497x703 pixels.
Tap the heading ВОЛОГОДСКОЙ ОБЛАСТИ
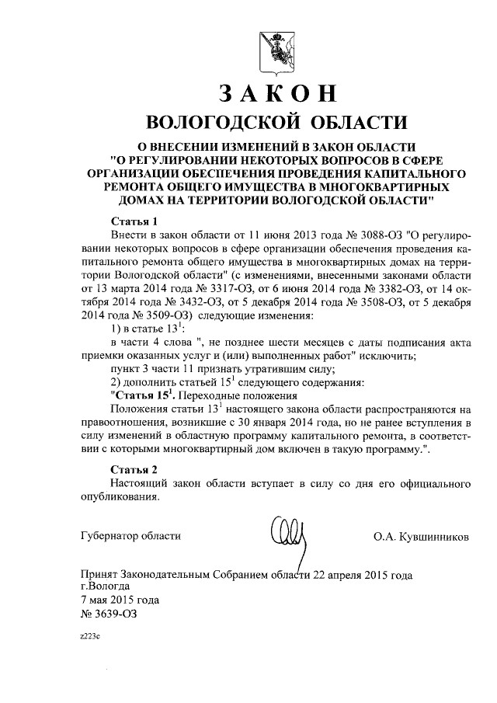(x=276, y=123)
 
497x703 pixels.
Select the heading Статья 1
(x=134, y=220)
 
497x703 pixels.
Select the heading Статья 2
(x=134, y=469)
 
